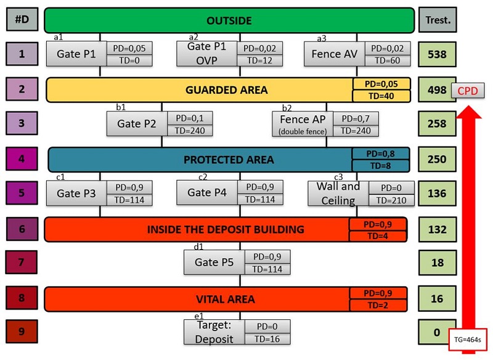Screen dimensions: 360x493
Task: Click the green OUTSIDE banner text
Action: [x=229, y=20]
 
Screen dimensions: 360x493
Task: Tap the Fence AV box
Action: [x=335, y=54]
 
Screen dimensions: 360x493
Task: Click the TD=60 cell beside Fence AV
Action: [x=387, y=60]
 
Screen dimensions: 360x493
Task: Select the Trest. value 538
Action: [x=436, y=54]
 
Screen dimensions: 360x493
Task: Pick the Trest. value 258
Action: [x=436, y=123]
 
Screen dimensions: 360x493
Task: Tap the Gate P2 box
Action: [x=137, y=123]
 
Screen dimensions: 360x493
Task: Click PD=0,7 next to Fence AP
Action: [x=356, y=118]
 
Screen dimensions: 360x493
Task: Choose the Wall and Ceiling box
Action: [x=338, y=193]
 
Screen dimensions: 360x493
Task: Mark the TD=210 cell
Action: [x=390, y=200]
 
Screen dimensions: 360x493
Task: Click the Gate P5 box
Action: [x=214, y=262]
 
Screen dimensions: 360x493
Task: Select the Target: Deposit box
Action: [x=214, y=332]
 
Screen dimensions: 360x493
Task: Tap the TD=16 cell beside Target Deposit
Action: [x=267, y=338]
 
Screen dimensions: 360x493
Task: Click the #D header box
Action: [x=22, y=20]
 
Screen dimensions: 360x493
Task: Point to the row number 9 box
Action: [x=22, y=332]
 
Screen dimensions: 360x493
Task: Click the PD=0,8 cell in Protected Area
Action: [x=380, y=153]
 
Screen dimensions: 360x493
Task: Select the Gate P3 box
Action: [x=76, y=193]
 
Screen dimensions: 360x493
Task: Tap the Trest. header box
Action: [x=438, y=20]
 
